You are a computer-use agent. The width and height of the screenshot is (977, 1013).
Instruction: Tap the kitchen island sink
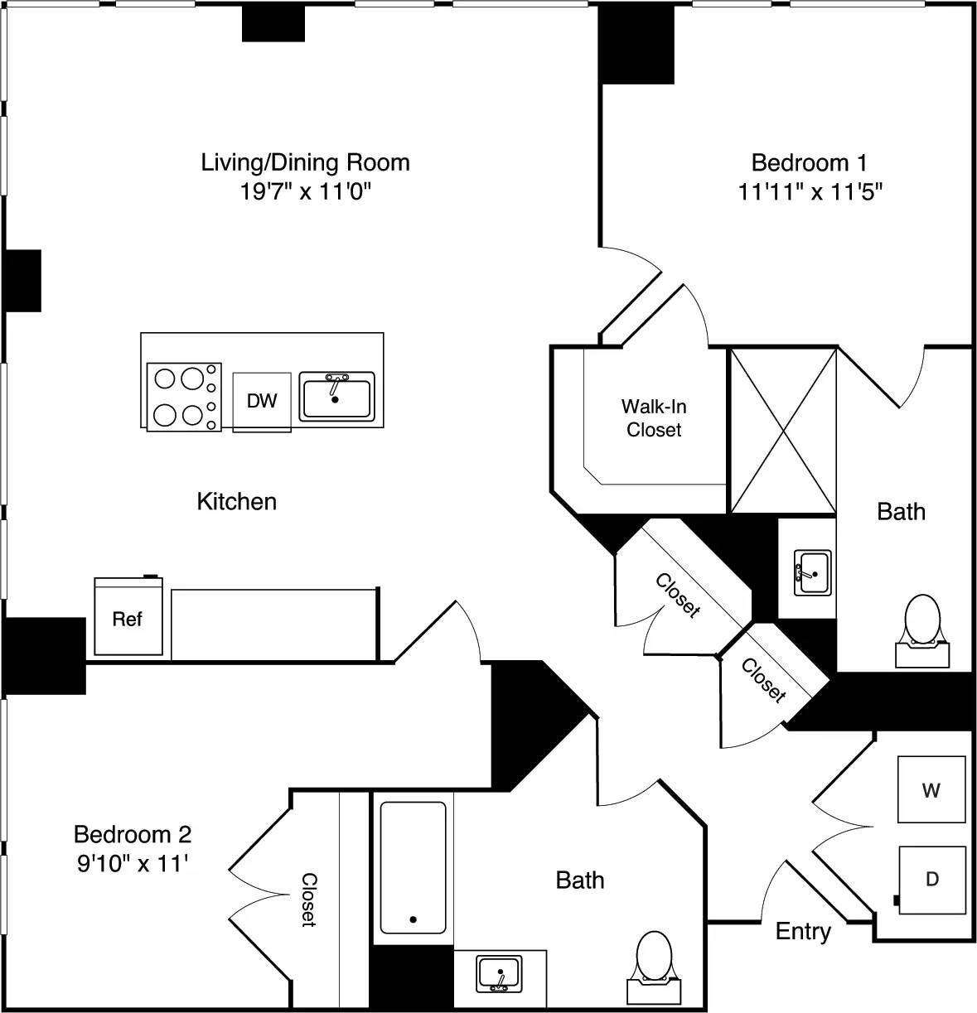coord(336,397)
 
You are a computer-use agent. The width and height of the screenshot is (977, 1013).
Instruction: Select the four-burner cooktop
coord(184,397)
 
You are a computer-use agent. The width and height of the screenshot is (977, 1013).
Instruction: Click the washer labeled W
coord(931,789)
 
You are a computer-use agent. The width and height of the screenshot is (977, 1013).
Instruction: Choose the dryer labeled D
coord(932,879)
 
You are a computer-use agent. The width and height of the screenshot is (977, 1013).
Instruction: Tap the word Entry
coord(802,931)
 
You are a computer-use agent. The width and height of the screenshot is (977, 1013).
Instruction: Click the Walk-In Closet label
coord(654,418)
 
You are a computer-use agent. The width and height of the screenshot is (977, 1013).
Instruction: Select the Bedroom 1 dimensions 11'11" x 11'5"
coord(810,192)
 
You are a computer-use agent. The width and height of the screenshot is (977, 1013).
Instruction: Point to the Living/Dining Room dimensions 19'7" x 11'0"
coord(305,192)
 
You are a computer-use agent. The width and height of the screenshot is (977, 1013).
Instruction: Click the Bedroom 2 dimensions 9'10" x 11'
coord(133,864)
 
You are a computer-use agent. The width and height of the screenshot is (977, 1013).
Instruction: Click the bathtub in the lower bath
coord(413,867)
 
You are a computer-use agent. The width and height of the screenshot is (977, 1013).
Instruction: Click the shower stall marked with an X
coord(782,431)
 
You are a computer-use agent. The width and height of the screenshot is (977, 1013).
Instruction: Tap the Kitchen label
coord(236,501)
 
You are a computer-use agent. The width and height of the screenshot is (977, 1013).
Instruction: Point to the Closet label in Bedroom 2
coord(308,899)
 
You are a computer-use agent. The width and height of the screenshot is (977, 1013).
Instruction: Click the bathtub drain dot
coord(413,919)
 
